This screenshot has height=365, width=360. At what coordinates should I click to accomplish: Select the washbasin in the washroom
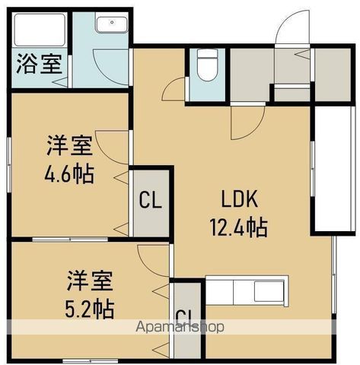(111, 24)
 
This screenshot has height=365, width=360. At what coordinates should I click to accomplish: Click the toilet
(205, 64)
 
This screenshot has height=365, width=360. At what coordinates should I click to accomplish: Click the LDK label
(241, 200)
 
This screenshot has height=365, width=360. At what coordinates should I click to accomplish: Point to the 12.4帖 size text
(241, 227)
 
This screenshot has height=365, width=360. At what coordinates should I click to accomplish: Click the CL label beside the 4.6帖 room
(150, 201)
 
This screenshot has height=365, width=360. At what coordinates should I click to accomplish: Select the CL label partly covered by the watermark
(183, 317)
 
